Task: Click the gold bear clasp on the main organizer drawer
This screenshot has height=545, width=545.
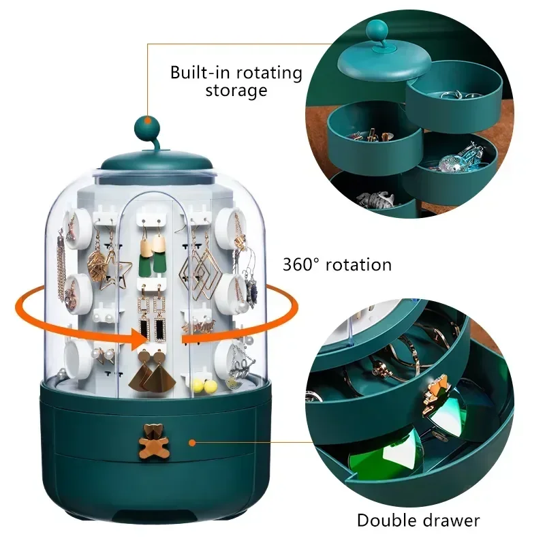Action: [154, 441]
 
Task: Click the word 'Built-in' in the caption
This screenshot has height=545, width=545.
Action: [199, 73]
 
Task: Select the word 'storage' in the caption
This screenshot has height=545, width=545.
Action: [236, 91]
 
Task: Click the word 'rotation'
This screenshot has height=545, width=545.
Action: [358, 265]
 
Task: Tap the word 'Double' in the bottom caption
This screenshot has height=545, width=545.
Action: [386, 520]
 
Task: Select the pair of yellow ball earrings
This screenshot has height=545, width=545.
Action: [204, 386]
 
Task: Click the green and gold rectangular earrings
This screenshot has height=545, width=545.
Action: [153, 253]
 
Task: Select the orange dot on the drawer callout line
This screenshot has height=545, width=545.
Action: [192, 442]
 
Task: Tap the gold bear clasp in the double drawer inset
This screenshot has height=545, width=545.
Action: [435, 395]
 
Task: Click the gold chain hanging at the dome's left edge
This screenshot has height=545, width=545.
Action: [62, 264]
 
